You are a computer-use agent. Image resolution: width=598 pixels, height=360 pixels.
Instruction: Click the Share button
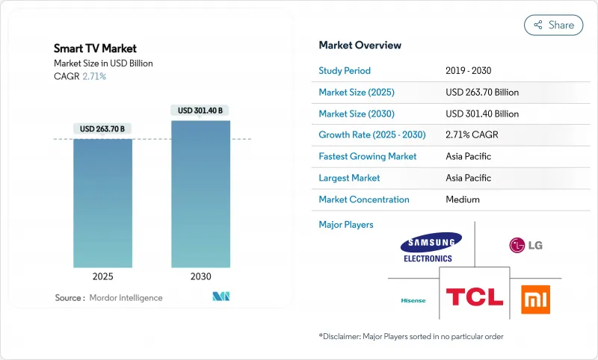tap(554, 25)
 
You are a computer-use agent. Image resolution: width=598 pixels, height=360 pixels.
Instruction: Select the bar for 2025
tap(103, 202)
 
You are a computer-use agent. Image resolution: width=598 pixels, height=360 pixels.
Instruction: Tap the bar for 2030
tap(200, 194)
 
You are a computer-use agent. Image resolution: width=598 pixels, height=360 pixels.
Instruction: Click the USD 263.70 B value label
tap(103, 128)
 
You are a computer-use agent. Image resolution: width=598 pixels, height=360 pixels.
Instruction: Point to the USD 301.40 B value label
tap(200, 111)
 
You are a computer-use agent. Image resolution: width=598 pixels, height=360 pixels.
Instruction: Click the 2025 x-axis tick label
tap(103, 276)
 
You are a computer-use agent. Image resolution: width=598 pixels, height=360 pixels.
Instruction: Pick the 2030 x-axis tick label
tap(200, 276)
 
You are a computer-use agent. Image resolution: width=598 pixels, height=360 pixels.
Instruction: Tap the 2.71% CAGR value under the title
tap(93, 76)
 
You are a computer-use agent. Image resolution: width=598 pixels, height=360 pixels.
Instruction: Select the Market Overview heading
tap(360, 45)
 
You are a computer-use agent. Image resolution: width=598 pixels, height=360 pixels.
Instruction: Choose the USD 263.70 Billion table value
tap(481, 93)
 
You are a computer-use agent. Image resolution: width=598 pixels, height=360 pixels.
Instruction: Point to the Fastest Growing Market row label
tap(368, 157)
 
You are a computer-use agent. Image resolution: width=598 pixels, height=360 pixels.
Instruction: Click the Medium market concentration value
tap(462, 199)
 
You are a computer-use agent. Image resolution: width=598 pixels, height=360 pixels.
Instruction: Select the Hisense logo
tap(413, 300)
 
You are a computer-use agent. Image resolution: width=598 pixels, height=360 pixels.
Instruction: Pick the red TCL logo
tap(475, 297)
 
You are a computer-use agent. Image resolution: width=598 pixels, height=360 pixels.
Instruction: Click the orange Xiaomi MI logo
tap(535, 300)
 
